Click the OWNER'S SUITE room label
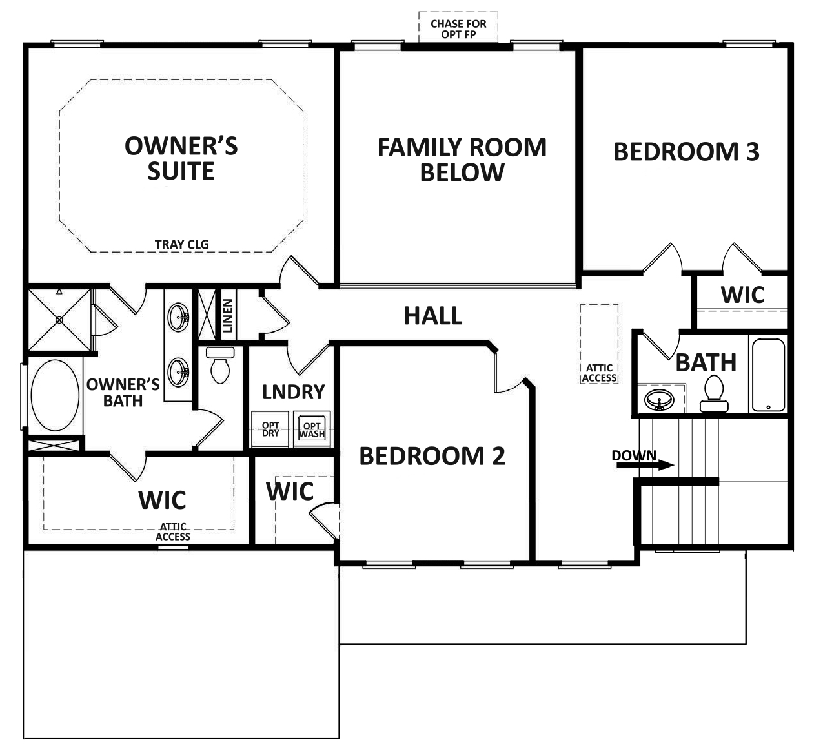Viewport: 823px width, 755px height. (x=181, y=158)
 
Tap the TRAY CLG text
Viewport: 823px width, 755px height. (x=181, y=244)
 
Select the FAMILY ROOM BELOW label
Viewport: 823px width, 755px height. (x=462, y=160)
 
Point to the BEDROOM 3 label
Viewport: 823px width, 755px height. (x=686, y=152)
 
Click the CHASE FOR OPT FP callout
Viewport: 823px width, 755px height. (x=458, y=28)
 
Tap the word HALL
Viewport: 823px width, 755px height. (x=433, y=316)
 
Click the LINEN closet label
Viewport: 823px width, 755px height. (x=227, y=315)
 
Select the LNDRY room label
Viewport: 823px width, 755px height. (x=293, y=392)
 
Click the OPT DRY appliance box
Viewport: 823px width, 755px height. (x=270, y=429)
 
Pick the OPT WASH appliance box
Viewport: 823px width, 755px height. (x=312, y=429)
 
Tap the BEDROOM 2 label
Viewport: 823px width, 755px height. (x=432, y=456)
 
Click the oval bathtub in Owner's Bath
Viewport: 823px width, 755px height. (x=55, y=395)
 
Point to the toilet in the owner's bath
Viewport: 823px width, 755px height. (x=220, y=366)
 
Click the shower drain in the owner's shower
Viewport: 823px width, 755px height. (x=59, y=319)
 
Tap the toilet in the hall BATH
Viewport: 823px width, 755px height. (x=714, y=394)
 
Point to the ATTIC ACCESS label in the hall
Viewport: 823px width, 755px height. (x=599, y=373)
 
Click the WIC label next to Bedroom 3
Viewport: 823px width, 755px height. (x=742, y=295)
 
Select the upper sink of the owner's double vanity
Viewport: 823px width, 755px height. (x=178, y=317)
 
